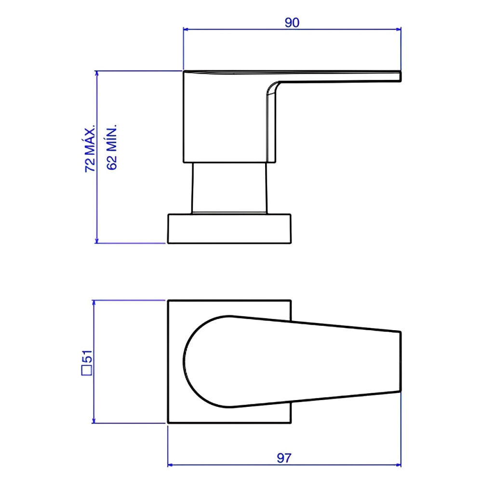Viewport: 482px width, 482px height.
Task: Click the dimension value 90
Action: (x=292, y=22)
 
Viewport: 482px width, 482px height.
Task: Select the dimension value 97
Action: (x=284, y=458)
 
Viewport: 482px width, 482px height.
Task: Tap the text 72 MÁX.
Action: (x=90, y=150)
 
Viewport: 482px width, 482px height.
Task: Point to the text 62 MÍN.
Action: (x=112, y=147)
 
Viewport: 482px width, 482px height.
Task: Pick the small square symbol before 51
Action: (x=87, y=370)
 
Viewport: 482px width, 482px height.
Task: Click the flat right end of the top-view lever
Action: (x=401, y=361)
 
